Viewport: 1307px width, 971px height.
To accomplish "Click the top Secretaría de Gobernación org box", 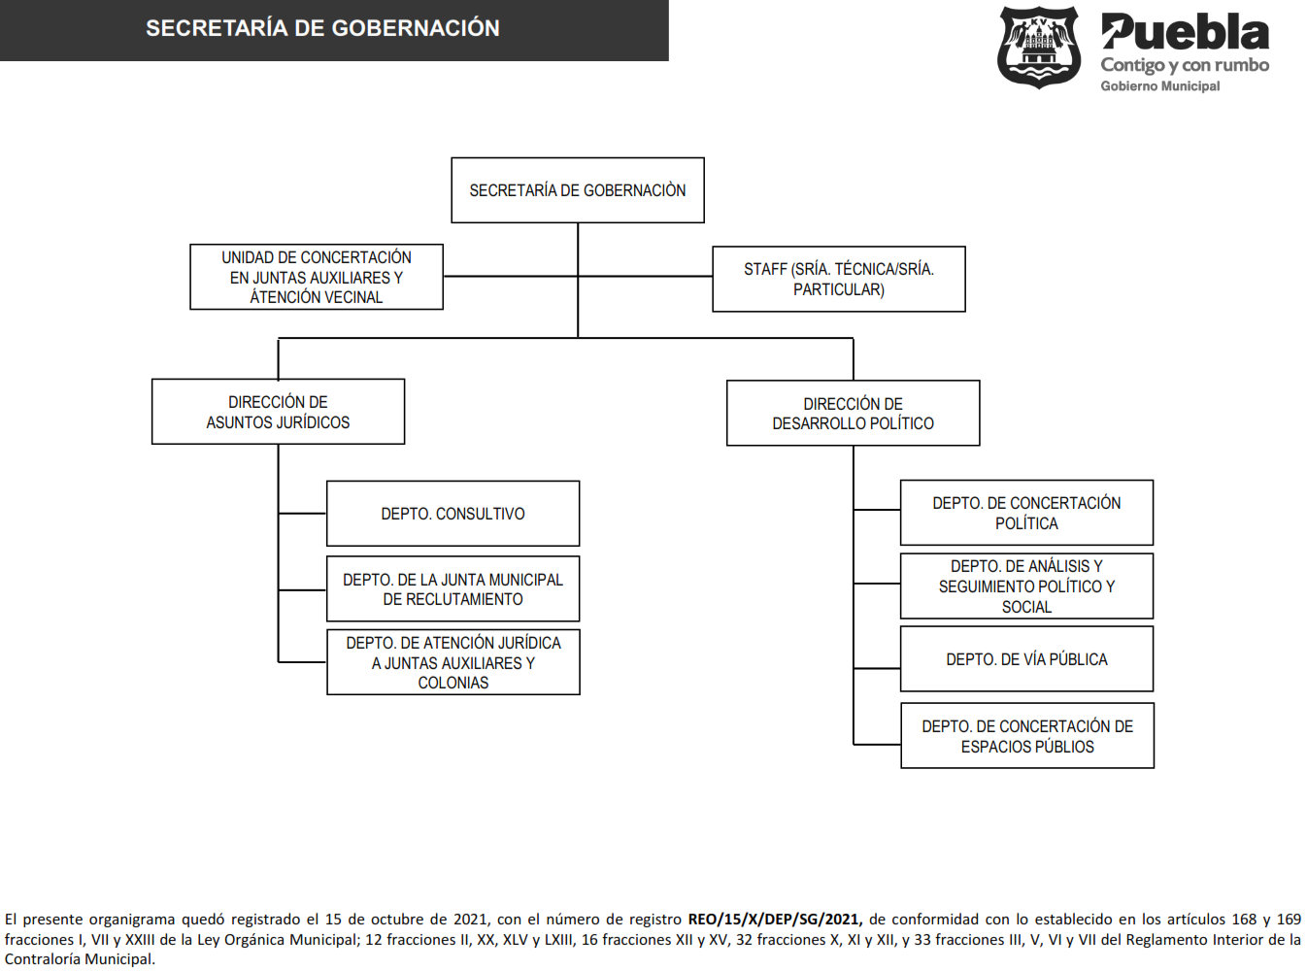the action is (x=578, y=189).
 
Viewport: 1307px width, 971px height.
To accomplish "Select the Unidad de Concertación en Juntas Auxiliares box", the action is (x=317, y=277).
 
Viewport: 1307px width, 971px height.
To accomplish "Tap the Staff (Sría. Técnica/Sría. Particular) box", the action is (x=839, y=279).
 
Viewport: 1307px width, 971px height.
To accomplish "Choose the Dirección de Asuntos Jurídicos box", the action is (x=278, y=412).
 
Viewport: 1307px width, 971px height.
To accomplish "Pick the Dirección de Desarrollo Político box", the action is (x=854, y=413).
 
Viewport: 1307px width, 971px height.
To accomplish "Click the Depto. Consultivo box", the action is (x=453, y=514).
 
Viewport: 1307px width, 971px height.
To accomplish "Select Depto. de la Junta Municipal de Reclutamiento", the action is (x=453, y=588).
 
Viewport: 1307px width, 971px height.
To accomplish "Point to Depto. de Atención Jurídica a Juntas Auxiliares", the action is (x=453, y=662).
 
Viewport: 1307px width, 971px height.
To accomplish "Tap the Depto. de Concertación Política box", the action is (x=1026, y=513).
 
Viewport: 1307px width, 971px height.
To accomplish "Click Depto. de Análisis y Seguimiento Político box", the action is (x=1026, y=586).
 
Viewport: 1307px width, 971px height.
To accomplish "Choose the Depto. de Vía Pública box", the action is (x=1026, y=658).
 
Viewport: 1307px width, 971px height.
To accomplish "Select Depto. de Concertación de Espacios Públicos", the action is (x=1027, y=736).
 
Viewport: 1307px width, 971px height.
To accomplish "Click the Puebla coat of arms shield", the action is (x=1039, y=48).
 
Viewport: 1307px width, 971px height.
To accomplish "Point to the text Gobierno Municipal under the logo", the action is (x=1159, y=86).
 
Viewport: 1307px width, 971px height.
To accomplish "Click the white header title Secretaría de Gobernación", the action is (x=323, y=28).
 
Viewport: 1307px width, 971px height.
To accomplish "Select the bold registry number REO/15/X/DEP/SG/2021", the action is (x=775, y=920).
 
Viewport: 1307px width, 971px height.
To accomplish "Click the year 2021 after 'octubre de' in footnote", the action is (x=470, y=920).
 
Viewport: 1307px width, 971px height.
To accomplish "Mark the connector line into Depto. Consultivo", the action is (x=302, y=514).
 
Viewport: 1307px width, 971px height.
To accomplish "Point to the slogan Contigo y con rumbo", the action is (x=1185, y=65).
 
